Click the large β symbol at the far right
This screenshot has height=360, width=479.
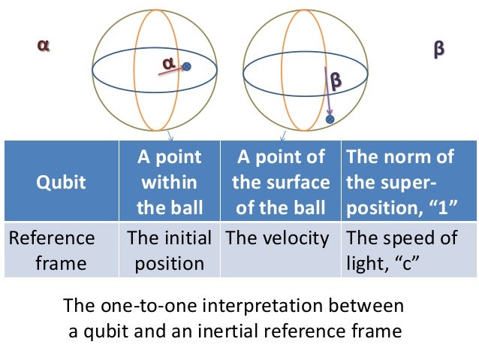click(439, 50)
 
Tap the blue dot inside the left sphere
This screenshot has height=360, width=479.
click(187, 67)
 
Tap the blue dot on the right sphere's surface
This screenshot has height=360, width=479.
click(330, 119)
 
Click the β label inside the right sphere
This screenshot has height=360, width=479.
click(335, 78)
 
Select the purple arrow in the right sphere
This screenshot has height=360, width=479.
click(327, 94)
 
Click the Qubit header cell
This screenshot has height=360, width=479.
click(62, 182)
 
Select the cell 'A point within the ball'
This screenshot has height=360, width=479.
click(170, 181)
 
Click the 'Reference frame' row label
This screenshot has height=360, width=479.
click(52, 250)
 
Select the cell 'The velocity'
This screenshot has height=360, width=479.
click(277, 239)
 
